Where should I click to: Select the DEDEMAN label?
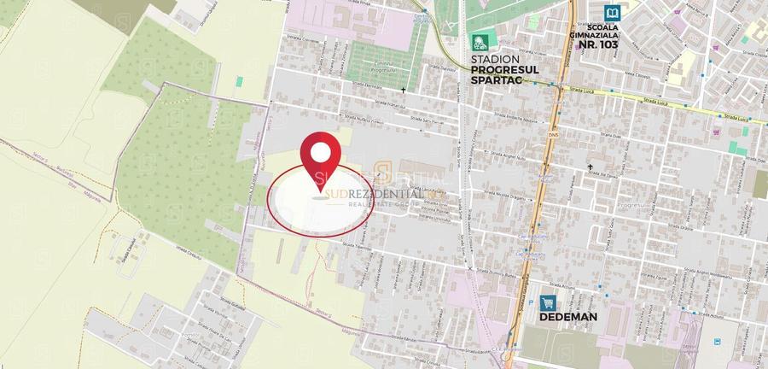click(x=567, y=316)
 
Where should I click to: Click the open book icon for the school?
click(x=613, y=13)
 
